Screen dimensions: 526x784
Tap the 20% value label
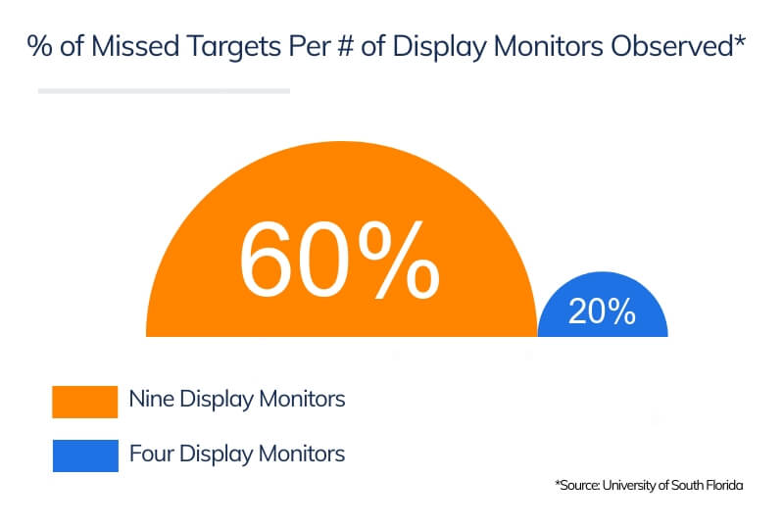[x=602, y=311]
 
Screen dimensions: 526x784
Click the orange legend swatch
[x=85, y=401]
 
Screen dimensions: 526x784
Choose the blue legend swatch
[x=85, y=455]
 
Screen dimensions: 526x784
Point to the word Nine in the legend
[x=151, y=400]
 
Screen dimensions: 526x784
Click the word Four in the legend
[x=151, y=454]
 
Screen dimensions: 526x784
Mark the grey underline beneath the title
[x=164, y=91]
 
